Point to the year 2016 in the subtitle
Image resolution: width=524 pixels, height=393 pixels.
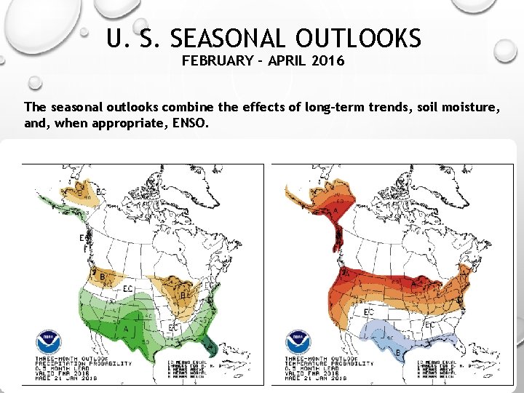[329, 61]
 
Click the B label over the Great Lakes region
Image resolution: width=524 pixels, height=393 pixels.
[183, 294]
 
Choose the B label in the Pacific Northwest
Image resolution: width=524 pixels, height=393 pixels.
[103, 277]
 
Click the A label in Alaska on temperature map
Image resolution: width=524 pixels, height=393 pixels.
[337, 210]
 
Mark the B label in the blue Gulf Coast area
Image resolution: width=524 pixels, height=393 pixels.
[398, 353]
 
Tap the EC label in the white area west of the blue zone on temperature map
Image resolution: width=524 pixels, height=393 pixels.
[369, 312]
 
